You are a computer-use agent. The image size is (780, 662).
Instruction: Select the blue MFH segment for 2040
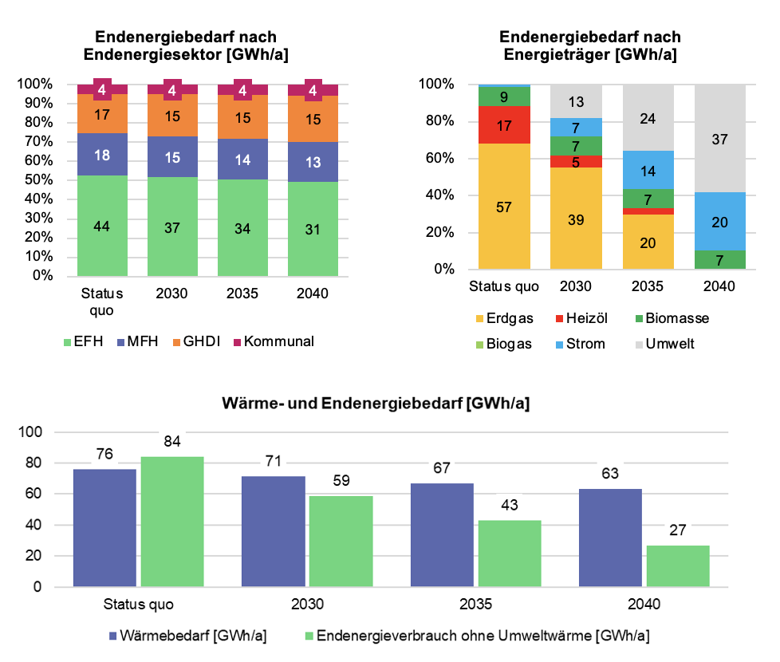(313, 163)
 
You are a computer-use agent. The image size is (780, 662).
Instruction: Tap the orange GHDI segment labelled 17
(102, 114)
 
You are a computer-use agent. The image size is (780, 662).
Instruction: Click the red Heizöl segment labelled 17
(505, 125)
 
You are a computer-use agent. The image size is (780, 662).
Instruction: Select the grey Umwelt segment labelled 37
(719, 139)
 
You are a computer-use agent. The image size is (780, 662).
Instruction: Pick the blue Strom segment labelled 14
(648, 170)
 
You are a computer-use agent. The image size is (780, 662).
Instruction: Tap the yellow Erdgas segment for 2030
(576, 219)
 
